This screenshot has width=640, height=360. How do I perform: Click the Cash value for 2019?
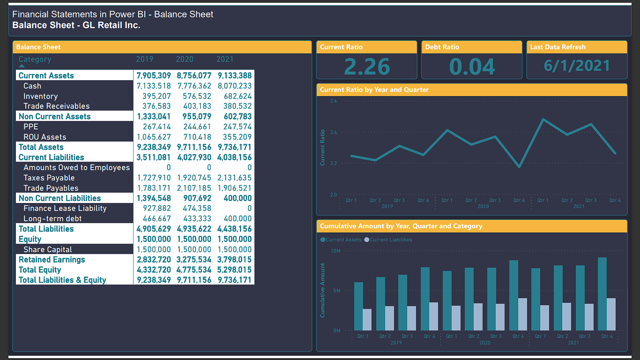pos(154,86)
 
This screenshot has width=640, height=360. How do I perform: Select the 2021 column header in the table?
pos(225,59)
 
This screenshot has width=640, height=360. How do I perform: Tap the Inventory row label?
pos(41,96)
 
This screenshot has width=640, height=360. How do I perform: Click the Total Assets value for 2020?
pos(194,147)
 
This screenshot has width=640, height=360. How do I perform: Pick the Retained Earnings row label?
pos(52,260)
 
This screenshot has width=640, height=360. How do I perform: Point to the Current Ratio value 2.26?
pos(367,67)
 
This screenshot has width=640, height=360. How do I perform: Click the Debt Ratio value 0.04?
pos(472,67)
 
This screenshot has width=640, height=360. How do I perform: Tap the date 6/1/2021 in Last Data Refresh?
pos(577,66)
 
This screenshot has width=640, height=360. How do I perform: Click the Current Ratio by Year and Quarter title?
pos(374,90)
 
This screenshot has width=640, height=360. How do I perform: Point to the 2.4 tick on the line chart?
pos(333,132)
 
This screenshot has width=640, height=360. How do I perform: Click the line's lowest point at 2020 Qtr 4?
pos(519,167)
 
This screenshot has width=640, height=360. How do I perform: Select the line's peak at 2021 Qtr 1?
pos(543,119)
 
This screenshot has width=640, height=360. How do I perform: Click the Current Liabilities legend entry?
pos(388,240)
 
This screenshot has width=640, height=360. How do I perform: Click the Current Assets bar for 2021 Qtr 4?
pos(602,294)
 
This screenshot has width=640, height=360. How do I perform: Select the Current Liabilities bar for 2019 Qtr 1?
pos(367,320)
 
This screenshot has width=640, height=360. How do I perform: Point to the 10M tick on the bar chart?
pos(335,251)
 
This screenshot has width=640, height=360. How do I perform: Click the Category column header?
pos(35,59)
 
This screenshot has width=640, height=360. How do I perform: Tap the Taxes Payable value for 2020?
pos(194,178)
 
